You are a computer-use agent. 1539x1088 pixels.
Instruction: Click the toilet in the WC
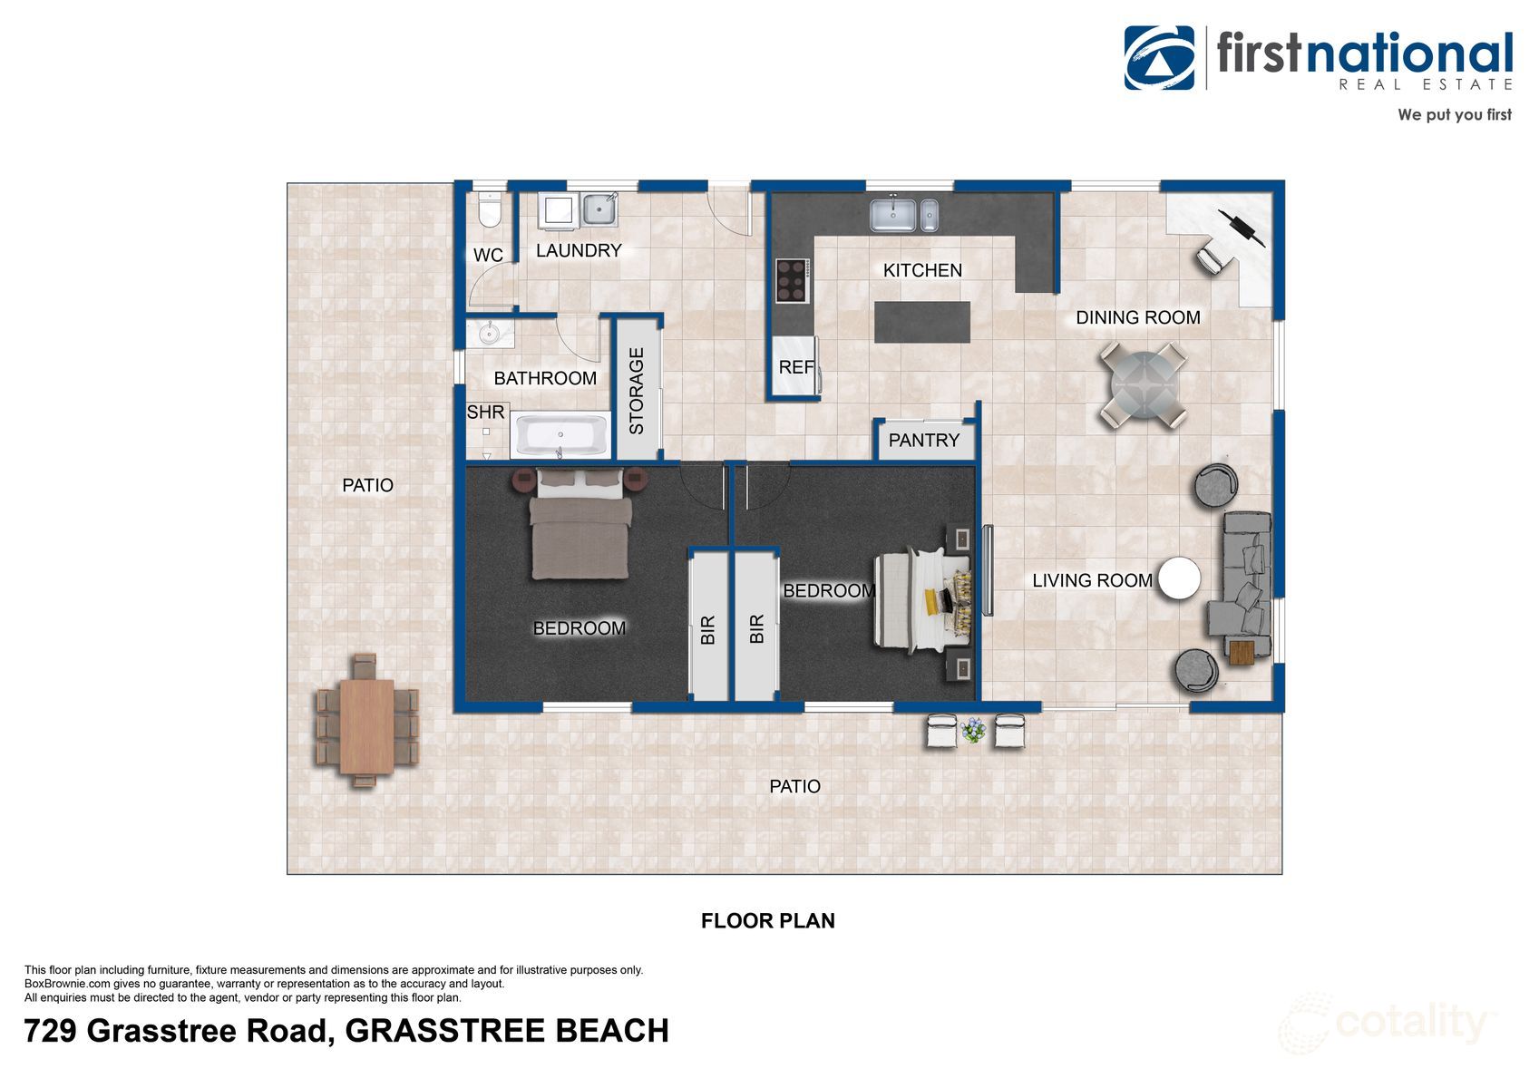click(x=490, y=210)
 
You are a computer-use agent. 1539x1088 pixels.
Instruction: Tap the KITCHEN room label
click(x=922, y=270)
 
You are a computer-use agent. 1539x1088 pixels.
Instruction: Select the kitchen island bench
click(x=922, y=322)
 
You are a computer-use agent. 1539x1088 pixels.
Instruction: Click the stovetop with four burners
click(x=791, y=280)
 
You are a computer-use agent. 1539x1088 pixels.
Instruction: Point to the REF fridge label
click(x=795, y=367)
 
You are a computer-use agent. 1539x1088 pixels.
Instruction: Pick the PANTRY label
click(x=923, y=441)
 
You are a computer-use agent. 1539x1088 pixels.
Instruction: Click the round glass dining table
click(x=1143, y=384)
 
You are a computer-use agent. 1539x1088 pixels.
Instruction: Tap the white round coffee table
click(x=1180, y=578)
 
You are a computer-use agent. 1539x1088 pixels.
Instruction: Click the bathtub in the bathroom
click(x=561, y=436)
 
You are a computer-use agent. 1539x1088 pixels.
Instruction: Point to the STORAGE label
click(x=637, y=391)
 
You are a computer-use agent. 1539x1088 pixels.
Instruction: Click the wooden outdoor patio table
click(x=366, y=725)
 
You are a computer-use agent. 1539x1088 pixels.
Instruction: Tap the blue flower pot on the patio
click(x=973, y=729)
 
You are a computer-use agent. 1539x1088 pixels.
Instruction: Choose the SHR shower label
click(x=485, y=413)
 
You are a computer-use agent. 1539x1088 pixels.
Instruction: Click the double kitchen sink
click(x=903, y=216)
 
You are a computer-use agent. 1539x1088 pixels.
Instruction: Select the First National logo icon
click(x=1159, y=58)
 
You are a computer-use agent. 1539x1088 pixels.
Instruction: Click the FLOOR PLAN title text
click(x=767, y=921)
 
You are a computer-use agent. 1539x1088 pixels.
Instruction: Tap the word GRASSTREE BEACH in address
click(x=507, y=1032)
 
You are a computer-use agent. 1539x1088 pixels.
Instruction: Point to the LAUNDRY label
click(x=579, y=250)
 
